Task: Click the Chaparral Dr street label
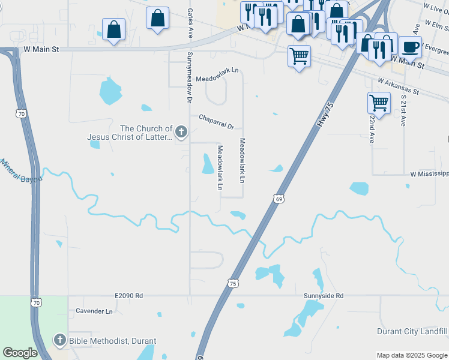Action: pos(216,122)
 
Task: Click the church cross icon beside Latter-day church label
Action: pos(182,132)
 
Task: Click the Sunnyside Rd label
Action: pos(323,296)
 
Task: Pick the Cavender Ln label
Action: pos(94,311)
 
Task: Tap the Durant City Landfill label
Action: pos(412,331)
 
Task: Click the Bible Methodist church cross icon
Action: pos(59,340)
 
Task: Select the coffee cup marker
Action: pos(410,46)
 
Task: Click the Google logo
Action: pos(20,353)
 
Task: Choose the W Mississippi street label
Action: pos(429,174)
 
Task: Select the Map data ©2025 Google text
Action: pos(412,355)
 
